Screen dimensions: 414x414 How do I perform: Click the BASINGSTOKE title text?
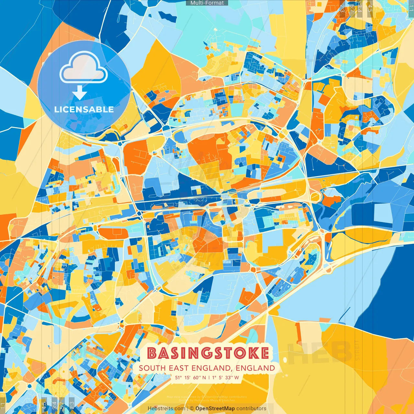[x=208, y=353]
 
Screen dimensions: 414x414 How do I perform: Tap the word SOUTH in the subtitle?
[x=152, y=368]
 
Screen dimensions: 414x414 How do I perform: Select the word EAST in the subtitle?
[x=179, y=368]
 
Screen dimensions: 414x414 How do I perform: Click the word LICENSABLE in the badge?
[x=84, y=109]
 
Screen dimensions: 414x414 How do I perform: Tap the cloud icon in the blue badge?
[x=83, y=69]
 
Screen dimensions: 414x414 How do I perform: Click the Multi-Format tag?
[x=207, y=3]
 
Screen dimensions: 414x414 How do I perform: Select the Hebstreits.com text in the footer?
[x=166, y=409]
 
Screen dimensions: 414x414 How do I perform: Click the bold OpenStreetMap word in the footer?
[x=215, y=409]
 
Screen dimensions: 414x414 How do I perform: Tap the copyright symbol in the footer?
[x=192, y=409]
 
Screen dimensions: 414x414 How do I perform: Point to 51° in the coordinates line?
[x=179, y=377]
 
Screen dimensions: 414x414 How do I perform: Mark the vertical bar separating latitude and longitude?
[x=209, y=377]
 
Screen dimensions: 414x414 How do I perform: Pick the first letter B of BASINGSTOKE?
[x=152, y=353]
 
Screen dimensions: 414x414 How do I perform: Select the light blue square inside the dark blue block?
[x=382, y=212]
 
